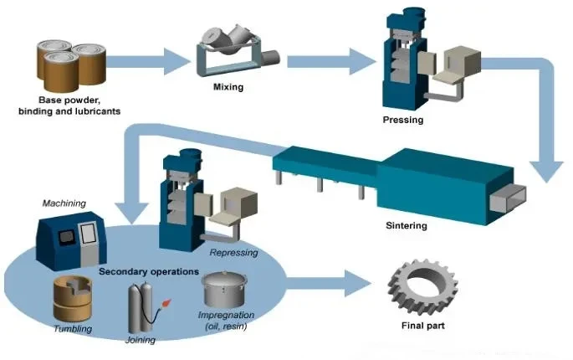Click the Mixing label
(x=228, y=87)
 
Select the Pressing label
(x=403, y=120)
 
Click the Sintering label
(x=407, y=225)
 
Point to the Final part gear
(x=422, y=287)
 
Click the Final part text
(x=422, y=326)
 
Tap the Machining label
(x=64, y=203)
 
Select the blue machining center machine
(x=71, y=241)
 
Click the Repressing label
(x=234, y=253)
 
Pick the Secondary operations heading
(x=149, y=271)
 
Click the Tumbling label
(x=73, y=328)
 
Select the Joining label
(x=141, y=340)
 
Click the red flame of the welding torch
(x=167, y=303)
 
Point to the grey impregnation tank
(x=224, y=290)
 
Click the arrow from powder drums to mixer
(x=148, y=61)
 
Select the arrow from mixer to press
(x=331, y=61)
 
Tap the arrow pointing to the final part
(x=328, y=283)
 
